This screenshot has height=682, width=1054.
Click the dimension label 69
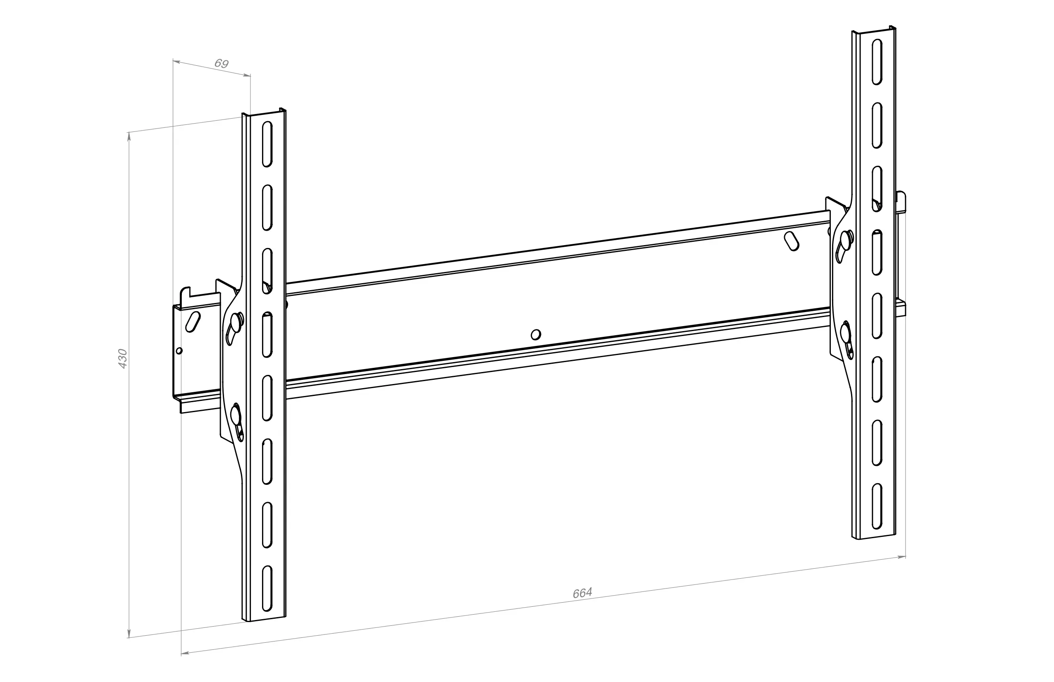pos(222,63)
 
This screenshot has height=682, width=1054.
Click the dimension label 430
pos(123,359)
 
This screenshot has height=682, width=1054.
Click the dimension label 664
pos(582,593)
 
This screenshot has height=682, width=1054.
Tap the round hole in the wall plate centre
pos(535,334)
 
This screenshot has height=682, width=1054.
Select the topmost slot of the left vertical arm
pos(267,144)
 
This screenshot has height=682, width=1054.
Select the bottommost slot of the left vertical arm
pos(267,588)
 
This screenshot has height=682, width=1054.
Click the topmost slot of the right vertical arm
pos(877,62)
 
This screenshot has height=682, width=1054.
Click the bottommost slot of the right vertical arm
pos(877,507)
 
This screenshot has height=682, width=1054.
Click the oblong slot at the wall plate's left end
pos(193,322)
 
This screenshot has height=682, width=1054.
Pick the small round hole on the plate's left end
pos(179,351)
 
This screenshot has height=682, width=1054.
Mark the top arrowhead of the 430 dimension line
pos(129,136)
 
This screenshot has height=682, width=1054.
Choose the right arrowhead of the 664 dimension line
pos(901,557)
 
